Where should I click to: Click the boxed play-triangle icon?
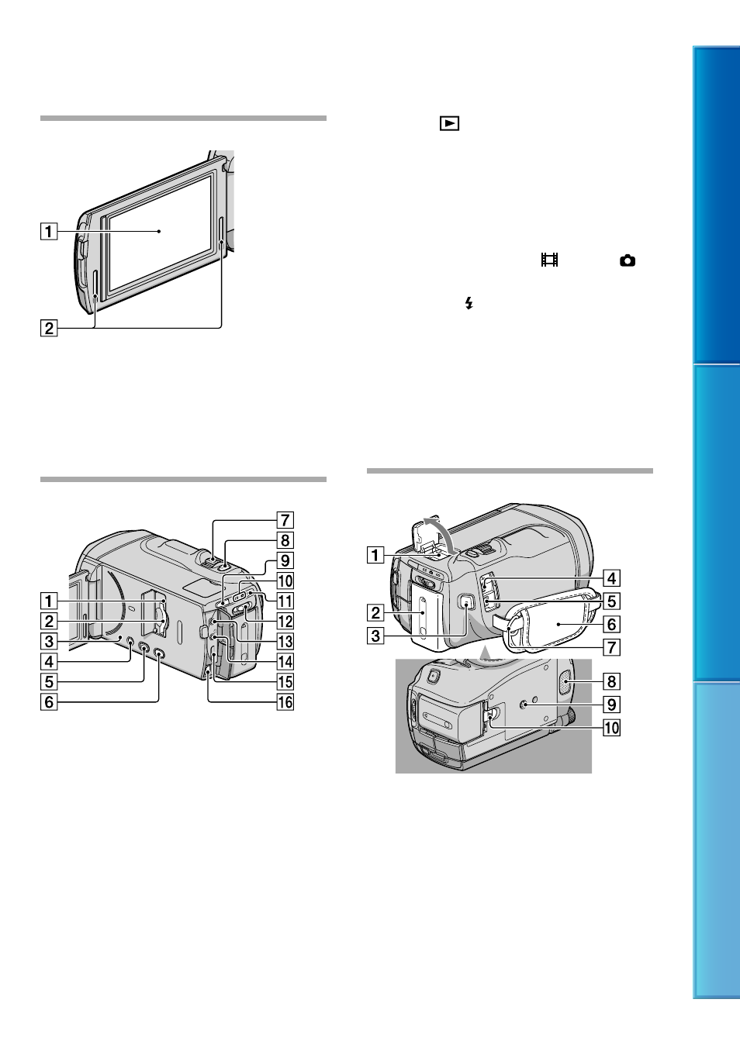point(449,123)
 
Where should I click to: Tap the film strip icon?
point(549,260)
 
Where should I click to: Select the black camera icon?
point(628,260)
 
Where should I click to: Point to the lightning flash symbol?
point(469,303)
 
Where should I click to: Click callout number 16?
point(285,702)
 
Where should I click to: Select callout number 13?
point(285,642)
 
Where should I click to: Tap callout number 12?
point(285,621)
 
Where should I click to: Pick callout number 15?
point(285,682)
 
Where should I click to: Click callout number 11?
point(285,601)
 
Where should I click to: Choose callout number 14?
point(285,662)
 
